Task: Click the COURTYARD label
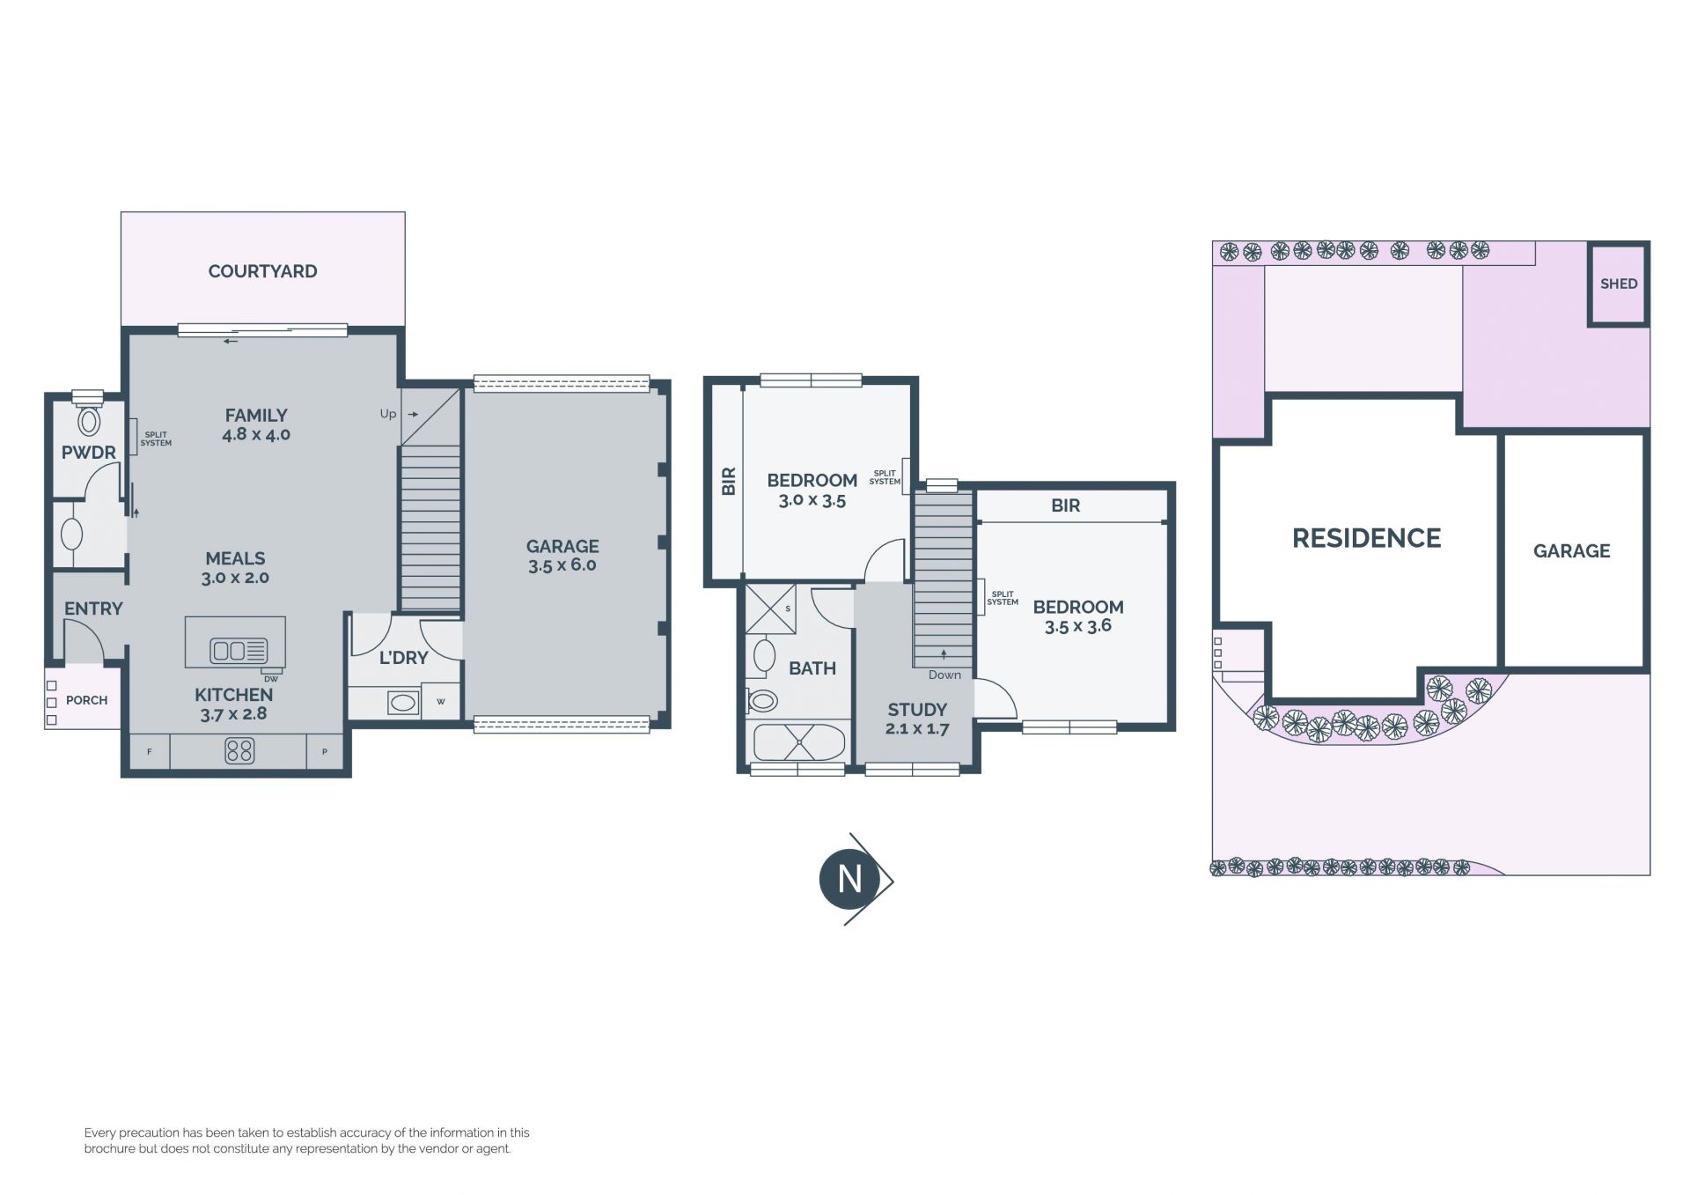click(262, 271)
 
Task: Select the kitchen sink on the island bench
click(239, 651)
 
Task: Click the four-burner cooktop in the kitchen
click(239, 750)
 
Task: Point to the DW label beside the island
click(270, 678)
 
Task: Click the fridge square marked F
click(150, 752)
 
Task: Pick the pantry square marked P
click(325, 752)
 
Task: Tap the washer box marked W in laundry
click(441, 702)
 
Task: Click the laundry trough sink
click(403, 702)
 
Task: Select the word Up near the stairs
click(388, 414)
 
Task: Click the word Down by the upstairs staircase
click(944, 675)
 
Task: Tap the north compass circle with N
click(849, 879)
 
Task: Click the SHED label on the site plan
click(1619, 284)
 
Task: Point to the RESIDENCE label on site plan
click(1366, 538)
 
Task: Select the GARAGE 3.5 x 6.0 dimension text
click(562, 565)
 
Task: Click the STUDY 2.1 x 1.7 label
click(917, 719)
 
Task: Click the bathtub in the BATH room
click(799, 742)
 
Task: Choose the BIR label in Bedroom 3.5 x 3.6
click(1065, 505)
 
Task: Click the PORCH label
click(86, 700)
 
